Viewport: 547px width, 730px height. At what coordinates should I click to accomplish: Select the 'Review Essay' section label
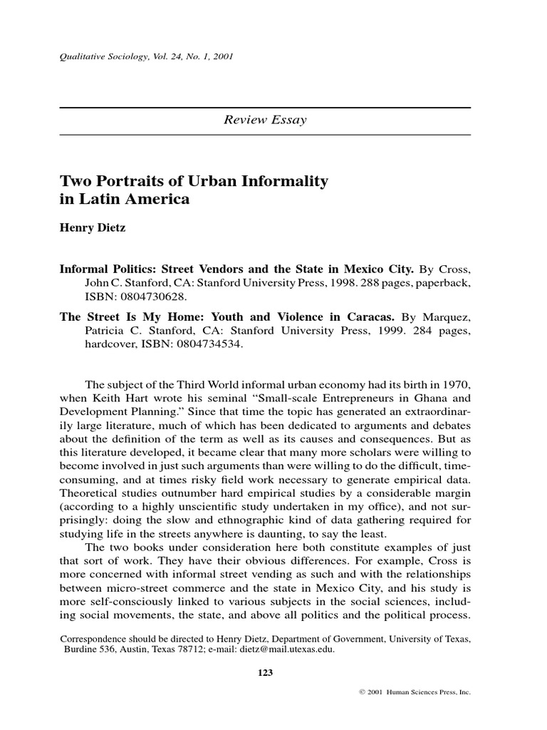point(265,120)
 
